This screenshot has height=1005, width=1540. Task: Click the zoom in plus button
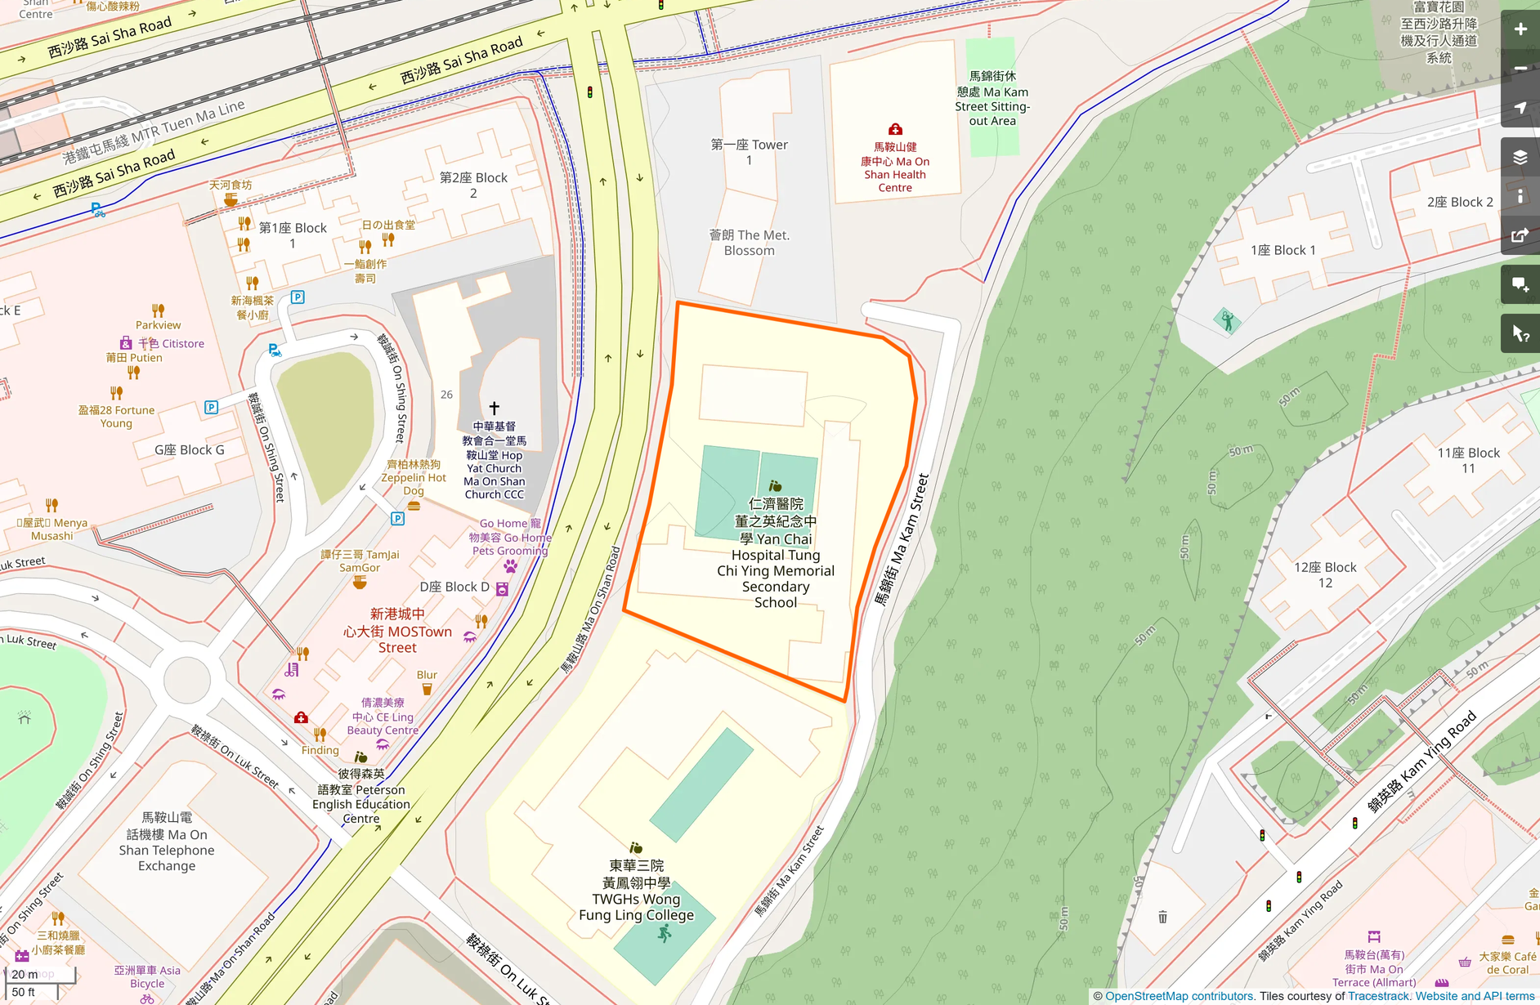click(1520, 29)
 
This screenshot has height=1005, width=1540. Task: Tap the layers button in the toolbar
click(1520, 157)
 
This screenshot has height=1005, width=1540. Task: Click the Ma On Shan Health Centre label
click(895, 167)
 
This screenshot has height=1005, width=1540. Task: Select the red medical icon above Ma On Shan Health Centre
click(895, 129)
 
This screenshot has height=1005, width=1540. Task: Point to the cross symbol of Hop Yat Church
click(494, 407)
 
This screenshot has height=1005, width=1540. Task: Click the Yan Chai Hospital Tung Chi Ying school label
click(775, 554)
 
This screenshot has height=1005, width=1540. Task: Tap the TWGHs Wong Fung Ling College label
click(636, 891)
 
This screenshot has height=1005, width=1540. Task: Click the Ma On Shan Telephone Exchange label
click(167, 842)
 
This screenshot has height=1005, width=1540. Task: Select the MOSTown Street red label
click(397, 630)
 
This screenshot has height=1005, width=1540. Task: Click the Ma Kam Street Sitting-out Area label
click(992, 98)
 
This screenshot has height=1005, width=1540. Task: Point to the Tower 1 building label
click(749, 152)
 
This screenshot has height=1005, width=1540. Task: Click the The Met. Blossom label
click(749, 243)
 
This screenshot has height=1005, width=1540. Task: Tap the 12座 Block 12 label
click(1325, 574)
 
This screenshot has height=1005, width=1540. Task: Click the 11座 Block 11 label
click(1468, 460)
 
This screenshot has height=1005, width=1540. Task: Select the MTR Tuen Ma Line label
click(154, 132)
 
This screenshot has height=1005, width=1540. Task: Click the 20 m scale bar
click(39, 974)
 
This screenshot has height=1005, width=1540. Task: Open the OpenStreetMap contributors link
click(1179, 996)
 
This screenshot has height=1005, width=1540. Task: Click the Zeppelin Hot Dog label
click(414, 477)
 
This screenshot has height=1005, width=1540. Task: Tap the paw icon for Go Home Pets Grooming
click(510, 565)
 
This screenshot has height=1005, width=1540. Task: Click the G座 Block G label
click(189, 449)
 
